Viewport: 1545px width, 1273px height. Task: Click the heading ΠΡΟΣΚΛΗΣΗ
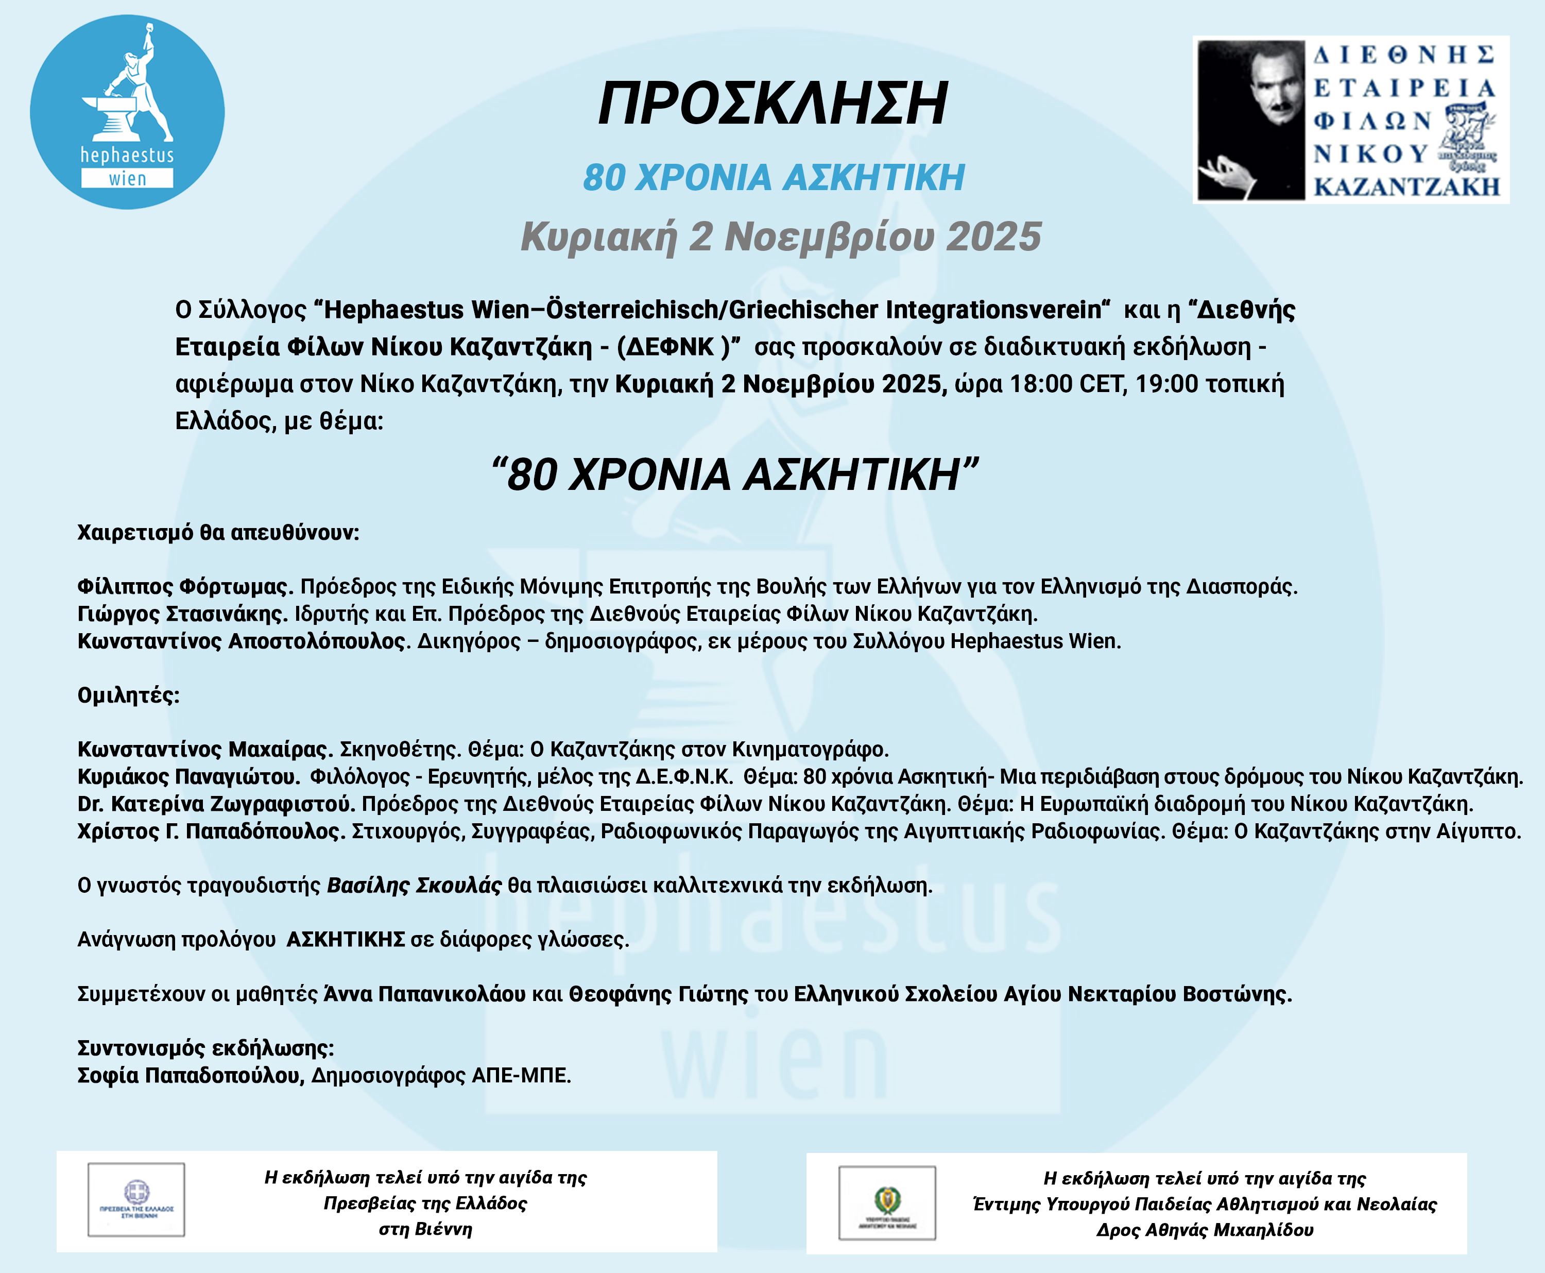772,104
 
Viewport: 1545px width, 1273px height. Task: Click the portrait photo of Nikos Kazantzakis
1250,120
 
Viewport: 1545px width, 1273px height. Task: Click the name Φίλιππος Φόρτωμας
185,587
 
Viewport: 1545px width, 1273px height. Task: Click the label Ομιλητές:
128,695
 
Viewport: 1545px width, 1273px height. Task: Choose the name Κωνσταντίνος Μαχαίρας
205,750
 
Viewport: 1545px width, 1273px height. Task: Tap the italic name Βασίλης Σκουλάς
414,886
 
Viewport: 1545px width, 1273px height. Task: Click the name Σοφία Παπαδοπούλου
191,1076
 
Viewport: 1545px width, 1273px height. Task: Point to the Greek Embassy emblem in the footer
136,1200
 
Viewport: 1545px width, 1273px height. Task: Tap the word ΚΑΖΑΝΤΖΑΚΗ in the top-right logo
1406,187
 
